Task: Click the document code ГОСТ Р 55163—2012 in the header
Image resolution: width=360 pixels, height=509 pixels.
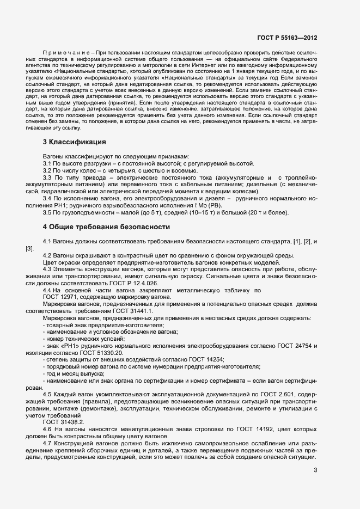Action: (x=287, y=38)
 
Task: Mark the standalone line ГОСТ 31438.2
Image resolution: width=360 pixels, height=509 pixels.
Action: (x=63, y=421)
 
